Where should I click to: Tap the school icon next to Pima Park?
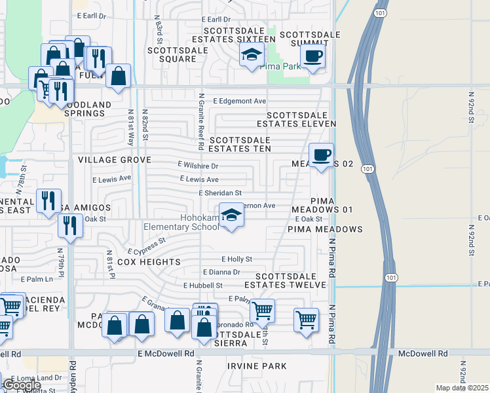click(x=252, y=56)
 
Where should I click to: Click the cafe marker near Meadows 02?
click(x=321, y=155)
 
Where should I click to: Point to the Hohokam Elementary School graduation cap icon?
click(x=231, y=215)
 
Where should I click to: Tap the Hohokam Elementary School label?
click(x=182, y=223)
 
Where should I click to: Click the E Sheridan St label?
click(x=221, y=193)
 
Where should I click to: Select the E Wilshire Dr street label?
click(x=198, y=166)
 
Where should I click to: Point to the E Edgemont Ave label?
click(x=240, y=101)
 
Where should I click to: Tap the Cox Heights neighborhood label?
click(x=149, y=262)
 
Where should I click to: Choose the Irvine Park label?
click(x=257, y=365)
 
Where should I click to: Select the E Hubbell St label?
click(x=203, y=286)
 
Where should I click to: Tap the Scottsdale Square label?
click(x=172, y=54)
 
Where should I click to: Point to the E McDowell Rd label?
click(x=166, y=353)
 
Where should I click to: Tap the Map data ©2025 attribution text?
click(x=461, y=388)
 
